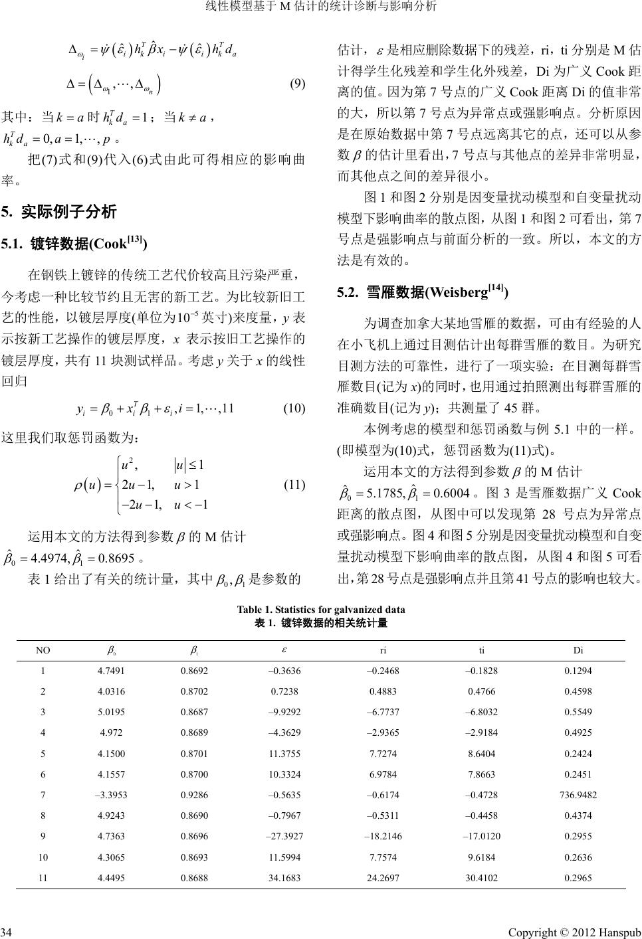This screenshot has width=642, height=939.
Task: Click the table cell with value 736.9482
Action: (578, 794)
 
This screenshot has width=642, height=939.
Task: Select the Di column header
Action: (578, 651)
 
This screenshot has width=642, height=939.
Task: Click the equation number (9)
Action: (297, 84)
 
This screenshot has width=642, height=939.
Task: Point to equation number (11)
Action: (294, 485)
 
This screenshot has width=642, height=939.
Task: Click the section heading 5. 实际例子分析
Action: (59, 212)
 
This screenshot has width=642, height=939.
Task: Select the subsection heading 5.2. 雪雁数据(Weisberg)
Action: (423, 292)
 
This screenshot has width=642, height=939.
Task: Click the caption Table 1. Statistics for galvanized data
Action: (321, 609)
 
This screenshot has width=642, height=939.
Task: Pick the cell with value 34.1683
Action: (284, 877)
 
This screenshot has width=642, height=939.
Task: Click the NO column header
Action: (43, 651)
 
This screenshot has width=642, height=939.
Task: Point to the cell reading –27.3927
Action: (284, 835)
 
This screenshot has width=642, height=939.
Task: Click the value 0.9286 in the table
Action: (194, 794)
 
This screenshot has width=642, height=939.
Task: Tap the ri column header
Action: (383, 651)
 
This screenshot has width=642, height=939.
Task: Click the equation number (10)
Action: (294, 408)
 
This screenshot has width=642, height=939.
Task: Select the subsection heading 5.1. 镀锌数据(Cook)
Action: (74, 244)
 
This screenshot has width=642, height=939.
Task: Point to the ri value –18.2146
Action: (383, 835)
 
